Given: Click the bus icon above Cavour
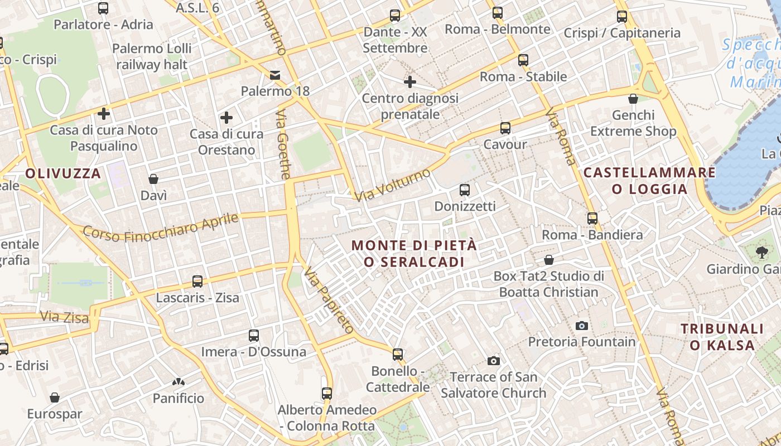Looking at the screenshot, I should [x=505, y=128].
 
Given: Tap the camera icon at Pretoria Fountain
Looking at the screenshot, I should [x=582, y=326].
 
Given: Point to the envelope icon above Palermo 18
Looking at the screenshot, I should [x=275, y=75].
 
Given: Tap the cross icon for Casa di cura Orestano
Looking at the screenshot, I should [x=226, y=118].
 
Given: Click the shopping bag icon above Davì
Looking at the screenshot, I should [x=153, y=179].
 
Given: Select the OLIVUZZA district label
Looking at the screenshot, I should [x=63, y=173].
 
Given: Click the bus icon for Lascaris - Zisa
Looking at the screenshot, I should [x=197, y=282].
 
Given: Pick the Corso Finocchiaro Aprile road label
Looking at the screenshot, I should [x=161, y=227].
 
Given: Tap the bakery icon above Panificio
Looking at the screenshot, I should [x=179, y=382].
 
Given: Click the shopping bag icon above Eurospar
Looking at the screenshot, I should [x=55, y=397].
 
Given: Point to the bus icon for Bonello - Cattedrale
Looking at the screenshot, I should [x=398, y=354].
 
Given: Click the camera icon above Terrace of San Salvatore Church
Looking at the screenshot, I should [x=494, y=361].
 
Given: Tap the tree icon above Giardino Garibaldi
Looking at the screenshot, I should [x=761, y=253].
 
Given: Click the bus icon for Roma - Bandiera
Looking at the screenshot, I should [x=592, y=219].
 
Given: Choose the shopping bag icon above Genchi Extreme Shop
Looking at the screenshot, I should [x=633, y=99].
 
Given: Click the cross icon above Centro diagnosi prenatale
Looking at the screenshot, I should [x=410, y=83].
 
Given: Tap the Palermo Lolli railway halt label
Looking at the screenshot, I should [x=152, y=56].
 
